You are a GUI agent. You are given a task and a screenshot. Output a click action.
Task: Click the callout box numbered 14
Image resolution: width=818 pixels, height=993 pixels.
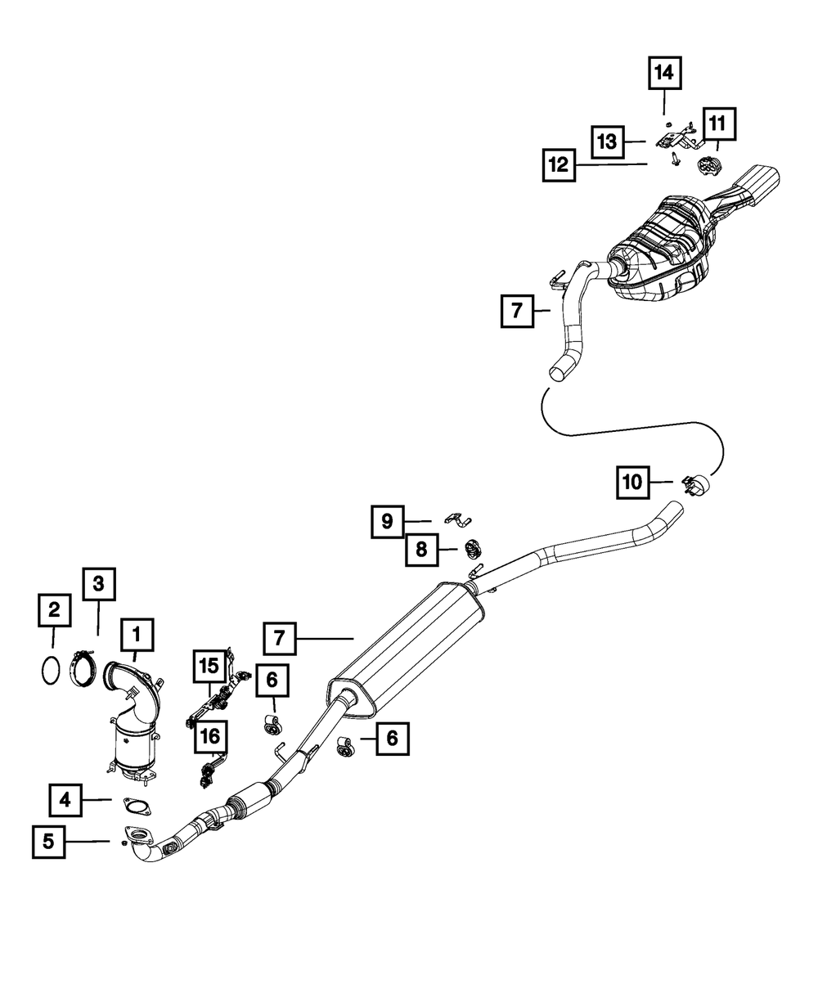coord(663,74)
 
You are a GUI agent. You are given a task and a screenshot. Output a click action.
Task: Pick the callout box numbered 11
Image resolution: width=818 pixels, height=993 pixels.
coord(717,125)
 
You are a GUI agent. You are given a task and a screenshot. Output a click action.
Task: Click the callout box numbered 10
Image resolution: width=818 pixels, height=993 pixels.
coord(632,483)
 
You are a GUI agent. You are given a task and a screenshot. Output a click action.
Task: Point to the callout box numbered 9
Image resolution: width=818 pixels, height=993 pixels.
coord(387,520)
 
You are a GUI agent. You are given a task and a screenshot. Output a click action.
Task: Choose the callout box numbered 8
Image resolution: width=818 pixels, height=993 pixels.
coord(421,550)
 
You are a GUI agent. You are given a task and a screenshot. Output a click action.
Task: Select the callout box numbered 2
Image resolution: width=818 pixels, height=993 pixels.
coord(53,609)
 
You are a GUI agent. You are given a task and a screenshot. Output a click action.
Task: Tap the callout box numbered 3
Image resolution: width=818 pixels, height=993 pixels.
coord(98,584)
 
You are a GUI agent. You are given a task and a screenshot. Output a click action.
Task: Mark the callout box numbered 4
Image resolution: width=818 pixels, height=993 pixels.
coord(65,800)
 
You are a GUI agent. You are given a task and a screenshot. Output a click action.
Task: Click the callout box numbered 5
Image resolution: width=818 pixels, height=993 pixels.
coord(49,842)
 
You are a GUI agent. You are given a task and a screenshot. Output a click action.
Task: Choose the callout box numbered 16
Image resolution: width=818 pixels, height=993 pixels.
coord(210,737)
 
